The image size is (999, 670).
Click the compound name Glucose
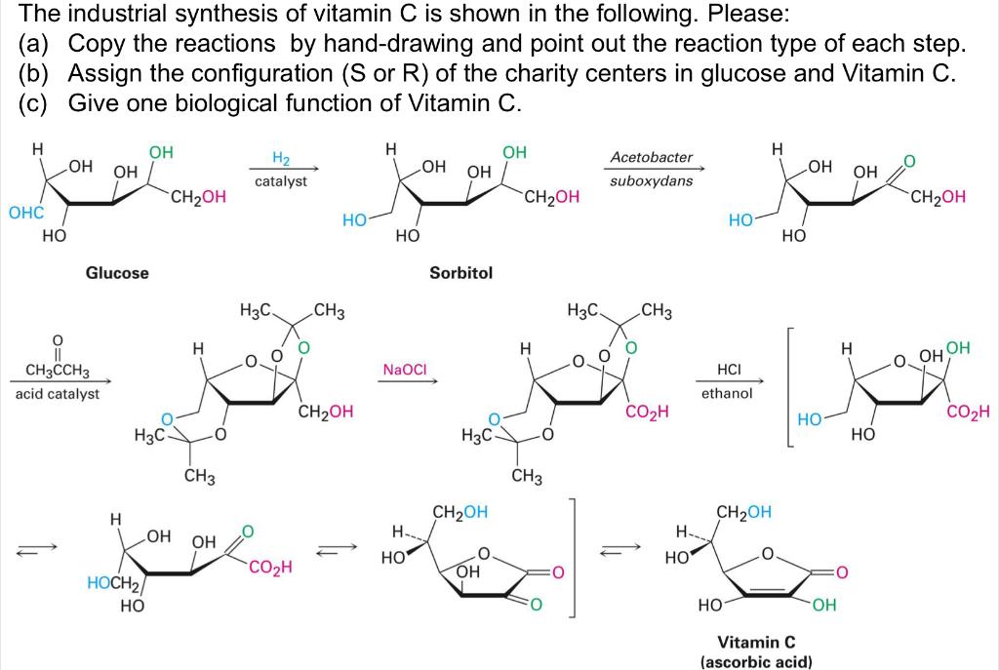point(117,273)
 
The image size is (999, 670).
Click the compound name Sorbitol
point(460,273)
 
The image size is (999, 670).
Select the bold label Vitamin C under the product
point(756,643)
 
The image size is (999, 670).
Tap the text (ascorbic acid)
point(756,661)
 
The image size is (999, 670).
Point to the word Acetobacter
point(651,157)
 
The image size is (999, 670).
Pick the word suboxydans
point(651,181)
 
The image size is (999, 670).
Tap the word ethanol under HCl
point(727,394)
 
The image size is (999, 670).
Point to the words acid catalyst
point(57,394)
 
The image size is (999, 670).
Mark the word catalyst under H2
point(280,181)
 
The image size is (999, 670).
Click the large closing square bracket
point(576,557)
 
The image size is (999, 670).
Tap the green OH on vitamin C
point(823,606)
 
